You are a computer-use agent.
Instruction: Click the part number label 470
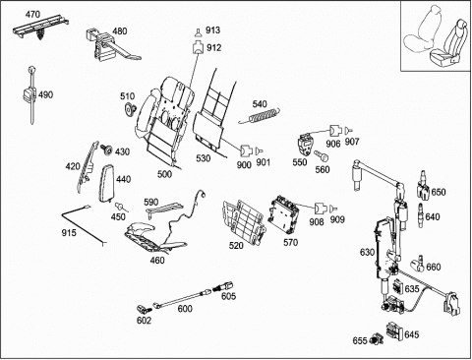point(32,15)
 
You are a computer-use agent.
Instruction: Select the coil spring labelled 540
point(260,115)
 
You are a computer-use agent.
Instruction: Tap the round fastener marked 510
point(131,109)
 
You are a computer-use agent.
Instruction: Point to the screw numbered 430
point(106,150)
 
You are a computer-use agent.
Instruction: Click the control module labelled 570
point(284,213)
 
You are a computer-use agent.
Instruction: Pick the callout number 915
point(69,232)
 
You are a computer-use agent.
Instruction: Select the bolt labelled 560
point(322,155)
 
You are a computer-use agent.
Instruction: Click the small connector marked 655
point(377,339)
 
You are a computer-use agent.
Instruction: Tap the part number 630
point(367,252)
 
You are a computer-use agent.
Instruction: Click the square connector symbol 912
point(198,47)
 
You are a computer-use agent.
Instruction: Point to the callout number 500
point(164,174)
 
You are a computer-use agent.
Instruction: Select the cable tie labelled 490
point(30,94)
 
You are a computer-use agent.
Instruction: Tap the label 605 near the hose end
point(228,296)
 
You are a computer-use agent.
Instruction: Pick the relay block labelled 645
point(394,330)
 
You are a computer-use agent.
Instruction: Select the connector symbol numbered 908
point(321,209)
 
